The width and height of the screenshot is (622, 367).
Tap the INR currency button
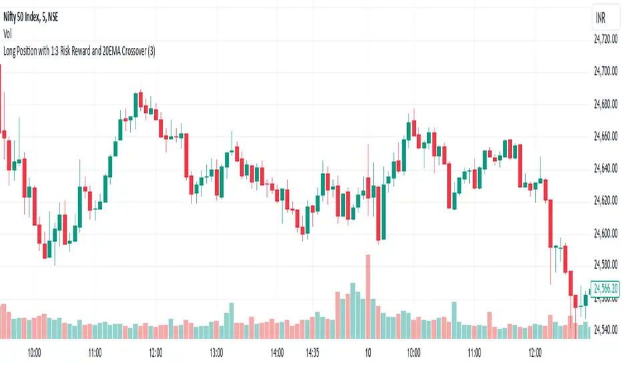point(601,19)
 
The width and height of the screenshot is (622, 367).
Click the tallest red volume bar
point(367,297)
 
